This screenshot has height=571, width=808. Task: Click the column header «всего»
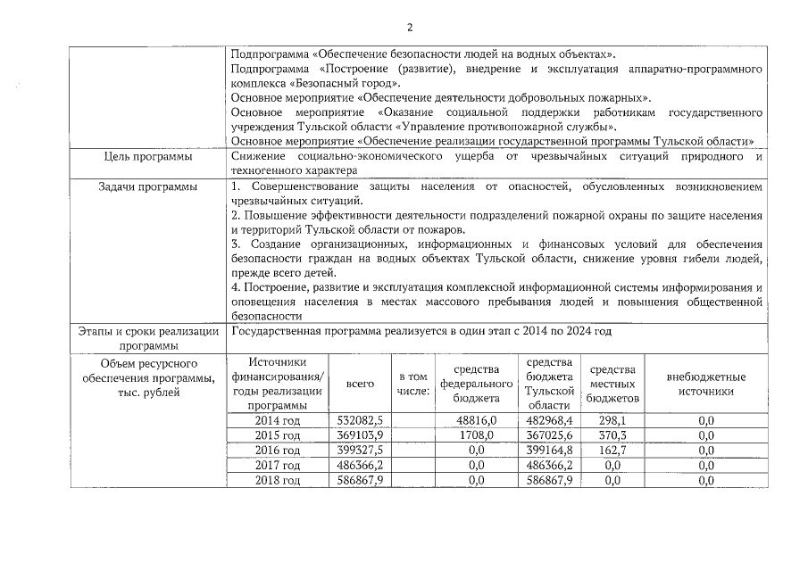[x=360, y=383]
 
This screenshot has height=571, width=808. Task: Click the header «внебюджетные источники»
[x=705, y=384]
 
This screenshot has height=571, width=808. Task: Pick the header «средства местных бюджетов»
[x=612, y=383]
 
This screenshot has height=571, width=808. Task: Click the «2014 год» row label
[x=278, y=420]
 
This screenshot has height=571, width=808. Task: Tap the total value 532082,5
[x=360, y=420]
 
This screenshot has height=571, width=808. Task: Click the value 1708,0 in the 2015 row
[x=476, y=435]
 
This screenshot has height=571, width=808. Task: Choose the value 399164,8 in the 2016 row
[x=549, y=451]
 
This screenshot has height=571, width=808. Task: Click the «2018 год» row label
[x=278, y=481]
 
